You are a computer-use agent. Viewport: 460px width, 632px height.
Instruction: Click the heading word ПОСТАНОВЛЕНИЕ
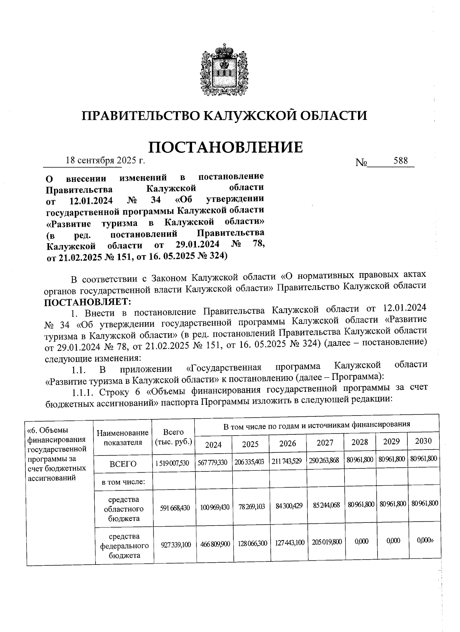tap(225, 147)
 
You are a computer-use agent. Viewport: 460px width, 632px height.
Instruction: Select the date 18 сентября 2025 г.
tap(105, 160)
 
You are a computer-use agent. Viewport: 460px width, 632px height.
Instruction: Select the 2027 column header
tap(325, 443)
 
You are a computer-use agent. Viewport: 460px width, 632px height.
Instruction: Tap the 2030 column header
tap(423, 441)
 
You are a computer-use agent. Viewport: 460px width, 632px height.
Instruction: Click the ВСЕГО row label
tap(123, 464)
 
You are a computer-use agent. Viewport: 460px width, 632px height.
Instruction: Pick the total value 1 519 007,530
tap(172, 463)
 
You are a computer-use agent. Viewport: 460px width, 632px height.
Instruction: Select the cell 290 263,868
tap(324, 461)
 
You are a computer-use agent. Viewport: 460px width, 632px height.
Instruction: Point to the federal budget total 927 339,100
tap(175, 544)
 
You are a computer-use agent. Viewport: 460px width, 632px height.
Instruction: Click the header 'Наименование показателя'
tap(123, 438)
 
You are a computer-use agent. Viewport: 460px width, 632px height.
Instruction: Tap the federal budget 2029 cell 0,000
tap(392, 540)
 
